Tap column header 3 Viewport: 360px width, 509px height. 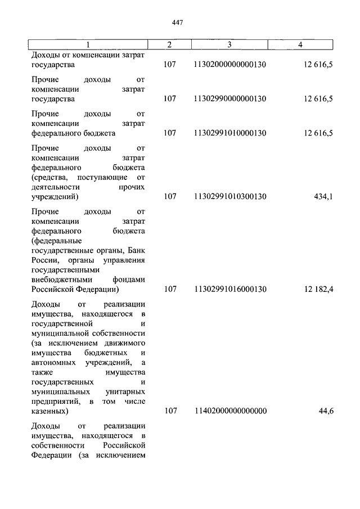(229, 44)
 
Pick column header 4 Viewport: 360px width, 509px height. (301, 44)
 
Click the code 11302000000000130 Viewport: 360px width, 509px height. (229, 65)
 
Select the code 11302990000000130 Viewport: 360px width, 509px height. (229, 99)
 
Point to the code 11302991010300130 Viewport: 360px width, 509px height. (229, 197)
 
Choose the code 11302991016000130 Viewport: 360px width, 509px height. (229, 289)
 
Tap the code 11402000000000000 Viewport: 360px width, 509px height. (229, 411)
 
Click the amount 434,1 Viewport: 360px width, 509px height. (322, 197)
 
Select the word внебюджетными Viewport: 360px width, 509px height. (58, 279)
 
